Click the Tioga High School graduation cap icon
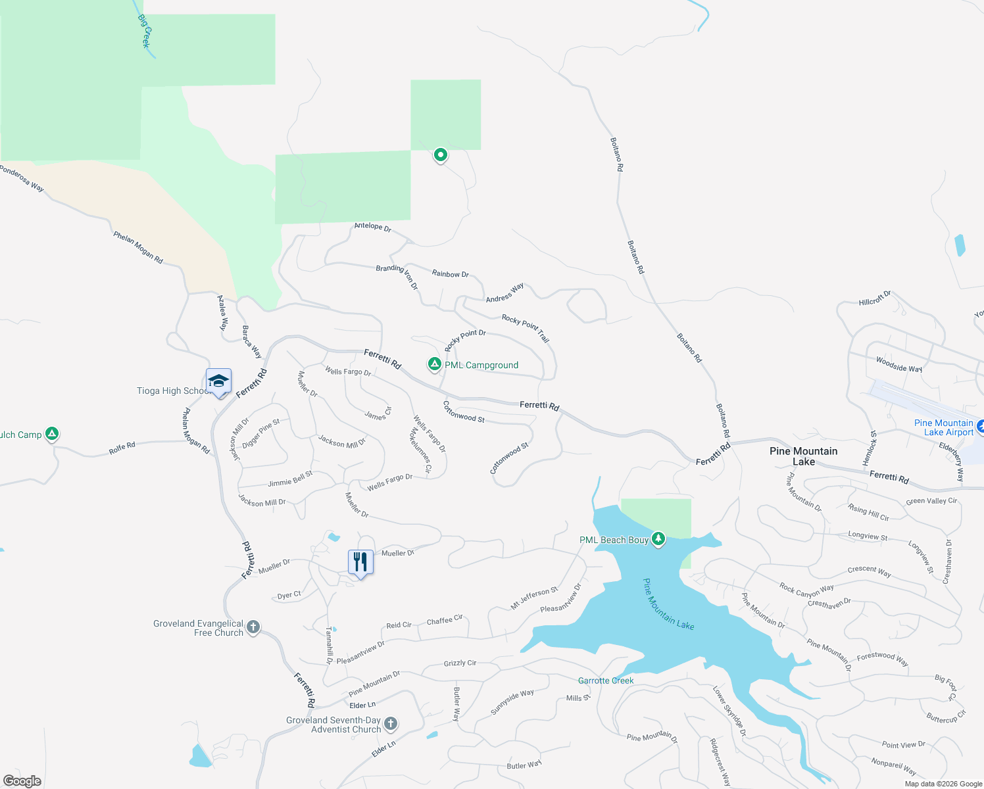click(x=218, y=381)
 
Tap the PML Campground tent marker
click(x=434, y=364)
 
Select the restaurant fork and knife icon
click(x=360, y=562)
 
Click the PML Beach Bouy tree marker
click(x=658, y=540)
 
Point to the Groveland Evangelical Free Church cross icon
click(x=253, y=627)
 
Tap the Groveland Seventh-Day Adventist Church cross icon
click(x=391, y=725)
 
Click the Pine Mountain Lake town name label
click(x=803, y=456)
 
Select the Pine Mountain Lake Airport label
click(x=944, y=427)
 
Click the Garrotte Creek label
click(x=606, y=681)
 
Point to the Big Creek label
click(x=145, y=31)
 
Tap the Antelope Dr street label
click(x=372, y=227)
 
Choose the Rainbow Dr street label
click(x=451, y=274)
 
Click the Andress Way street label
click(x=504, y=293)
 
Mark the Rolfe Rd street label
click(x=122, y=448)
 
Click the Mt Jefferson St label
click(x=534, y=598)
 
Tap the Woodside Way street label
click(x=898, y=364)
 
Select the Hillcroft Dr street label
click(x=875, y=299)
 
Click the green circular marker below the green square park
click(x=440, y=155)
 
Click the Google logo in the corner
click(x=22, y=781)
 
